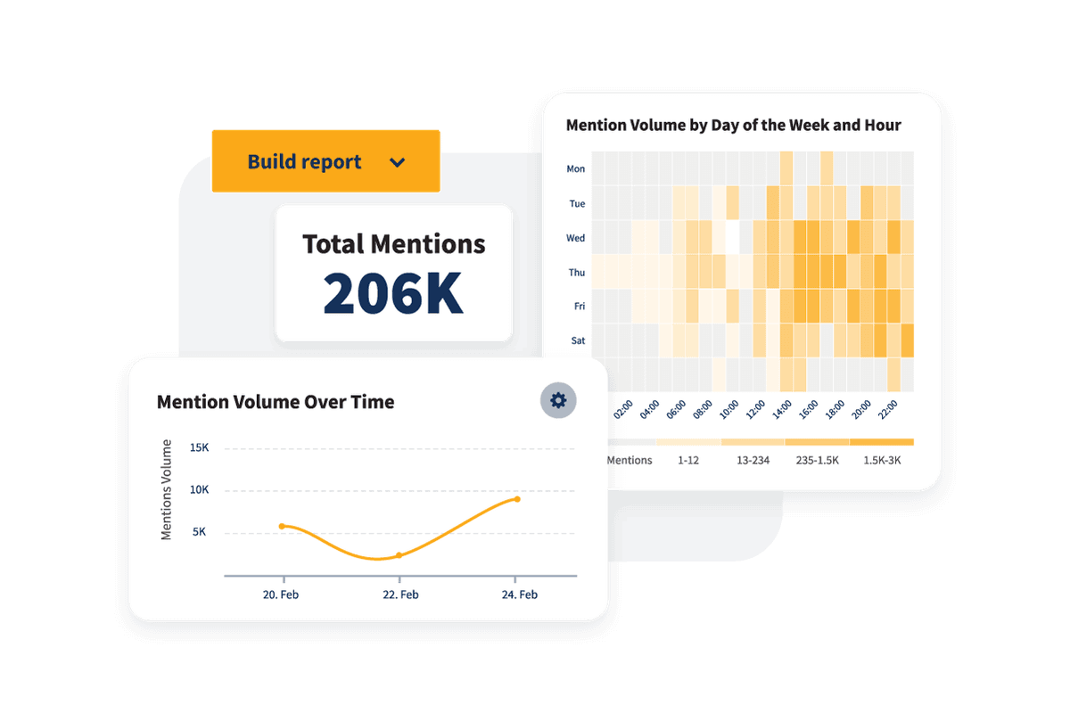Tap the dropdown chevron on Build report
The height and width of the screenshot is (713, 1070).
pos(398,162)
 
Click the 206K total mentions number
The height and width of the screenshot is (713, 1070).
pos(393,292)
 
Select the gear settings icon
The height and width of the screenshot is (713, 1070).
pos(558,400)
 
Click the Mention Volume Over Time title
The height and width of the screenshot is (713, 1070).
pos(275,402)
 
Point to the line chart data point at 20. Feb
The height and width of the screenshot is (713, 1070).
pos(283,526)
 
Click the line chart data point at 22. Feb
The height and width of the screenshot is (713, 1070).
pos(399,555)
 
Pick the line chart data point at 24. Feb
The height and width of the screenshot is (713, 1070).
pos(516,499)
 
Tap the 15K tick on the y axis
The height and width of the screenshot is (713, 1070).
pos(199,447)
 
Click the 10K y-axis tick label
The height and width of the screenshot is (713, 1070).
pos(199,489)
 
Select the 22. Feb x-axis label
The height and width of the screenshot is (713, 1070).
pos(399,594)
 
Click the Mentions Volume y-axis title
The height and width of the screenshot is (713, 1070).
pos(167,489)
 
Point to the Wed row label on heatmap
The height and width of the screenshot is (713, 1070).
pos(576,238)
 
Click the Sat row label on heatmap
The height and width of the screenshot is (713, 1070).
pos(577,340)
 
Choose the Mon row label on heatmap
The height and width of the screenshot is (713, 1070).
pos(576,169)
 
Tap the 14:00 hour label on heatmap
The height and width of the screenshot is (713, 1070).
pos(782,412)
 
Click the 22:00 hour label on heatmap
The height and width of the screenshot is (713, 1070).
pos(888,412)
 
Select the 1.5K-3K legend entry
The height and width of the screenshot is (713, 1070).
pos(882,461)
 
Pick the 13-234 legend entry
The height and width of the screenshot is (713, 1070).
pos(753,461)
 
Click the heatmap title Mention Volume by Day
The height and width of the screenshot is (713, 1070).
pos(733,126)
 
